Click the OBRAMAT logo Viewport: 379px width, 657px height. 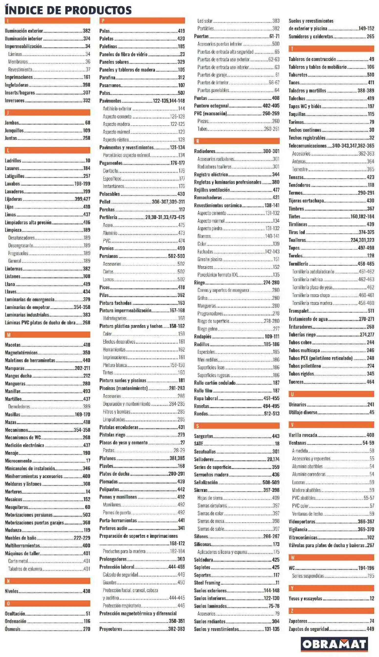coord(334,644)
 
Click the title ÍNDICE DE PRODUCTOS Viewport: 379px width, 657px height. coord(68,11)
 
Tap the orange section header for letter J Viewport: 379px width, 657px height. coord(47,112)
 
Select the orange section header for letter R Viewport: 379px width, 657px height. coord(237,141)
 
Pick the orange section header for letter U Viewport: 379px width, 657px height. coord(331,394)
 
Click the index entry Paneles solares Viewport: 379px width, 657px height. coord(114,62)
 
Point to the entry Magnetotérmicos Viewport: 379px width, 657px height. coord(21,352)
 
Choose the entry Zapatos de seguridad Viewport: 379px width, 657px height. coord(309,629)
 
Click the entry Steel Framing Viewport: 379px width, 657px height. coord(207,583)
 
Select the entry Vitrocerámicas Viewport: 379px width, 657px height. coord(303,537)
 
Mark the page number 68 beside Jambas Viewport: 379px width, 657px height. coord(88,122)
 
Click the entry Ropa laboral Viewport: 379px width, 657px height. coord(206,398)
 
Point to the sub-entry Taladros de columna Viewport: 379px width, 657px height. coord(25,569)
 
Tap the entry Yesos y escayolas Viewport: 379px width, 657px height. coord(305,598)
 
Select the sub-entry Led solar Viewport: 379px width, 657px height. coord(205,21)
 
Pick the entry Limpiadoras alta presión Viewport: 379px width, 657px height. coord(28,222)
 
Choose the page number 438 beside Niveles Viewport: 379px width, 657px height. coord(86,591)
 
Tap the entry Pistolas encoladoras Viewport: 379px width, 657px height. coord(119,427)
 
